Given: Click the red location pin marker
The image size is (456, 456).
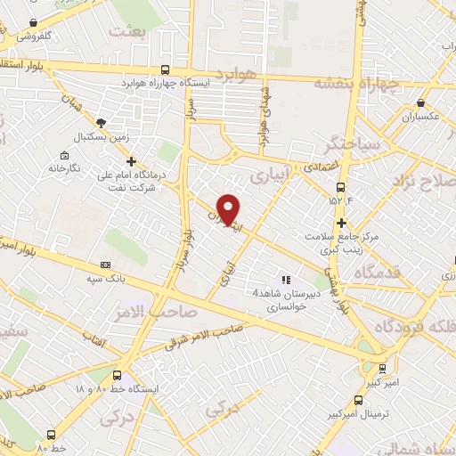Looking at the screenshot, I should pyautogui.click(x=229, y=208).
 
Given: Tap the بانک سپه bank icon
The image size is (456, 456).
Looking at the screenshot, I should pyautogui.click(x=107, y=265).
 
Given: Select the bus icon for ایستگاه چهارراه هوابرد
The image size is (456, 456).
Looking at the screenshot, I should pyautogui.click(x=165, y=69).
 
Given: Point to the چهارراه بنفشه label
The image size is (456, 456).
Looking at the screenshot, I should pyautogui.click(x=355, y=81).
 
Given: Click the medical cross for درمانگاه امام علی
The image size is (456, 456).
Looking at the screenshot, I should pyautogui.click(x=132, y=162).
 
